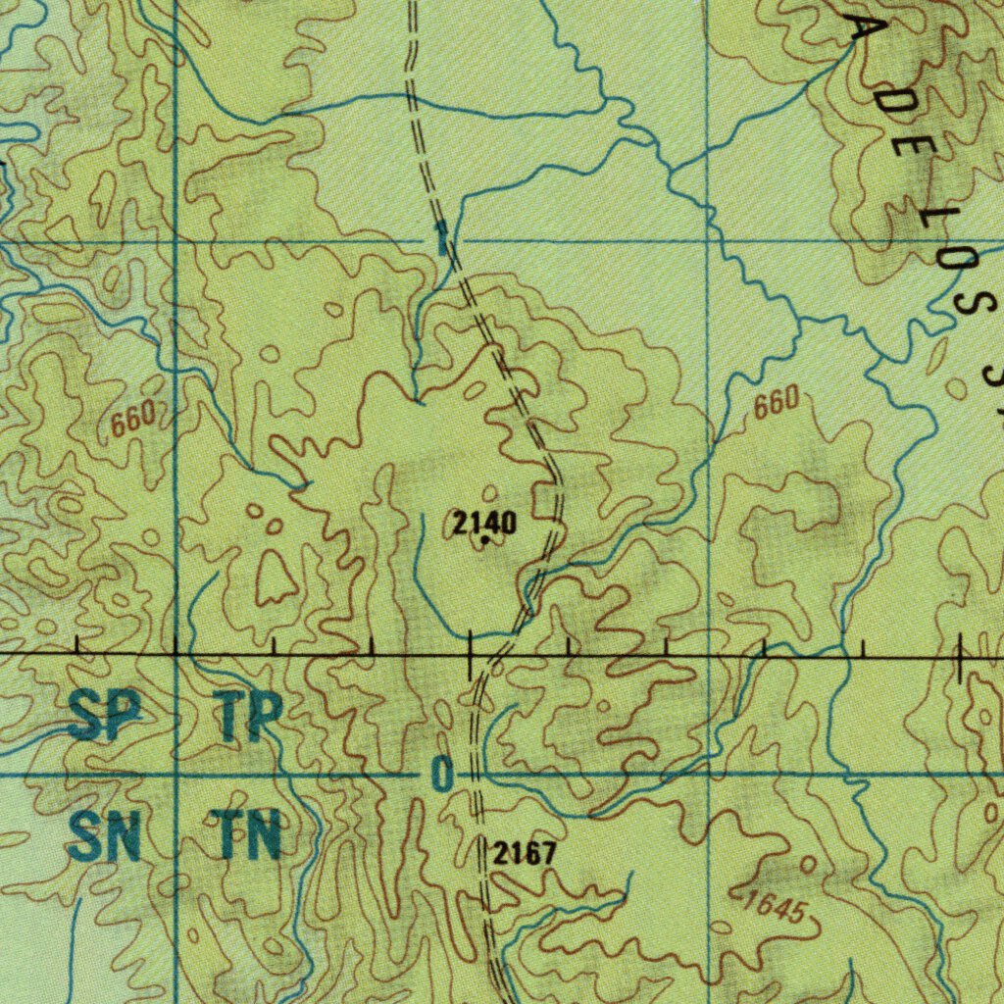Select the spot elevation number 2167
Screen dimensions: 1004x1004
524,854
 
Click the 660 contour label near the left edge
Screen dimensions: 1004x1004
132,421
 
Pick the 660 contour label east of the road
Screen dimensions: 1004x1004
777,403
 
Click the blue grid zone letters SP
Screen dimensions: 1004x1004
100,719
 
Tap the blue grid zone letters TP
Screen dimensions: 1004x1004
251,719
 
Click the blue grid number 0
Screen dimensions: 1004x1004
442,776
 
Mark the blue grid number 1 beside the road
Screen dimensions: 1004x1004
442,237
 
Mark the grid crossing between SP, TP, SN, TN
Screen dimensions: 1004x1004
176,775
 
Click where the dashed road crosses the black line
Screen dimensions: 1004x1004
497,653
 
